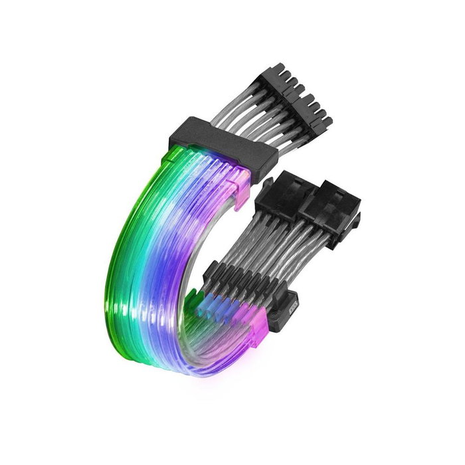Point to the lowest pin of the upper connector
pos(325,122)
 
